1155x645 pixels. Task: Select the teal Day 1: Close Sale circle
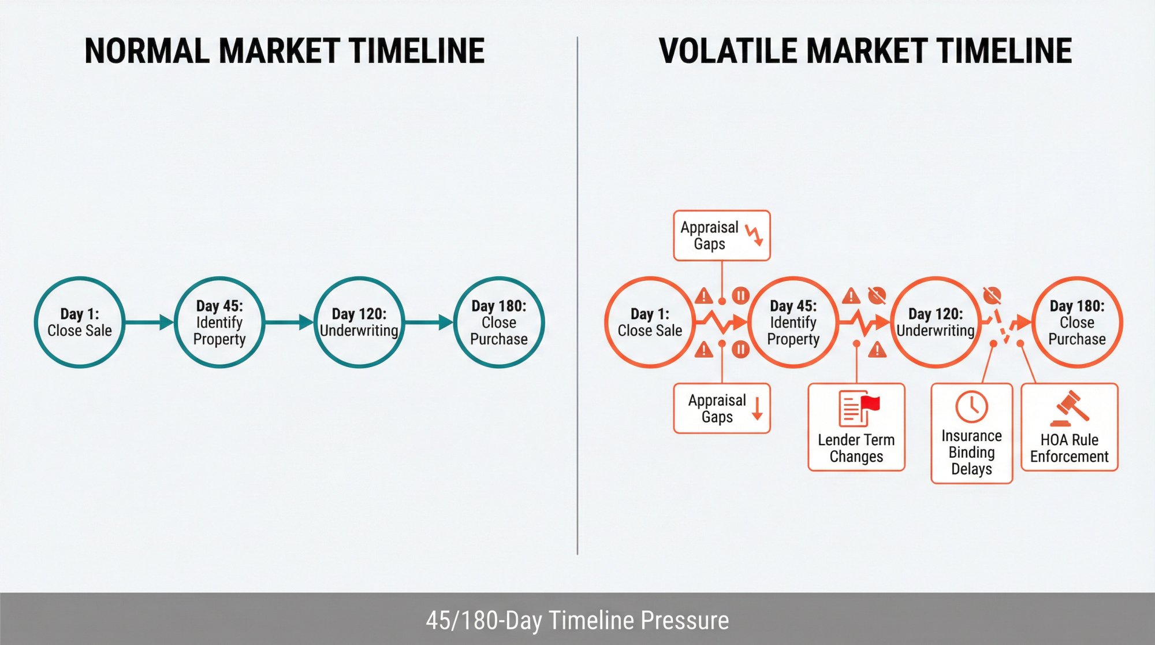[80, 322]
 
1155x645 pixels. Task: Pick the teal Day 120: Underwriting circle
[359, 322]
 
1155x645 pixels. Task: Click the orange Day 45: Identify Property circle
[793, 322]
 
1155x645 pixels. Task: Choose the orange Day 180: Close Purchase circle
[1077, 322]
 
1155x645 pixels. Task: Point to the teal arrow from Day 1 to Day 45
[150, 322]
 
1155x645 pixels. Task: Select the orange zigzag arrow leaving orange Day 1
[721, 322]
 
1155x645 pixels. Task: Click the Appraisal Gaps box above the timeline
[722, 235]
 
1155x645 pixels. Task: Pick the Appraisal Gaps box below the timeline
[722, 408]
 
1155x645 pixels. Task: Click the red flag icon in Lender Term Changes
[869, 403]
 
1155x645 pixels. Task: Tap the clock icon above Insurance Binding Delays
[971, 406]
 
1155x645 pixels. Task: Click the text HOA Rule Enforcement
[1069, 448]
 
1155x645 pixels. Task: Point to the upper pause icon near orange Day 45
[740, 296]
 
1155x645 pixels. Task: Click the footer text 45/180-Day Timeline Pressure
[577, 620]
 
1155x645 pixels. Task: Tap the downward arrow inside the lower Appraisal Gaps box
[757, 408]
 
